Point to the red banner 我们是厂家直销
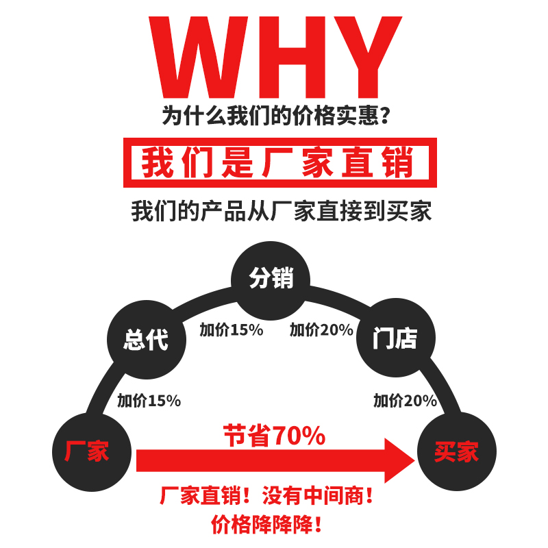pyautogui.click(x=279, y=163)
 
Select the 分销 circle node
pyautogui.click(x=271, y=279)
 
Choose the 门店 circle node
pyautogui.click(x=395, y=339)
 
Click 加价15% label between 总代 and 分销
pyautogui.click(x=232, y=329)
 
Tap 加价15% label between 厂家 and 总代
pyautogui.click(x=149, y=401)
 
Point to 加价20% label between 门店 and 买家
pyautogui.click(x=405, y=401)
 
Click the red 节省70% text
pyautogui.click(x=274, y=436)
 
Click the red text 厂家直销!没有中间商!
pyautogui.click(x=267, y=495)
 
